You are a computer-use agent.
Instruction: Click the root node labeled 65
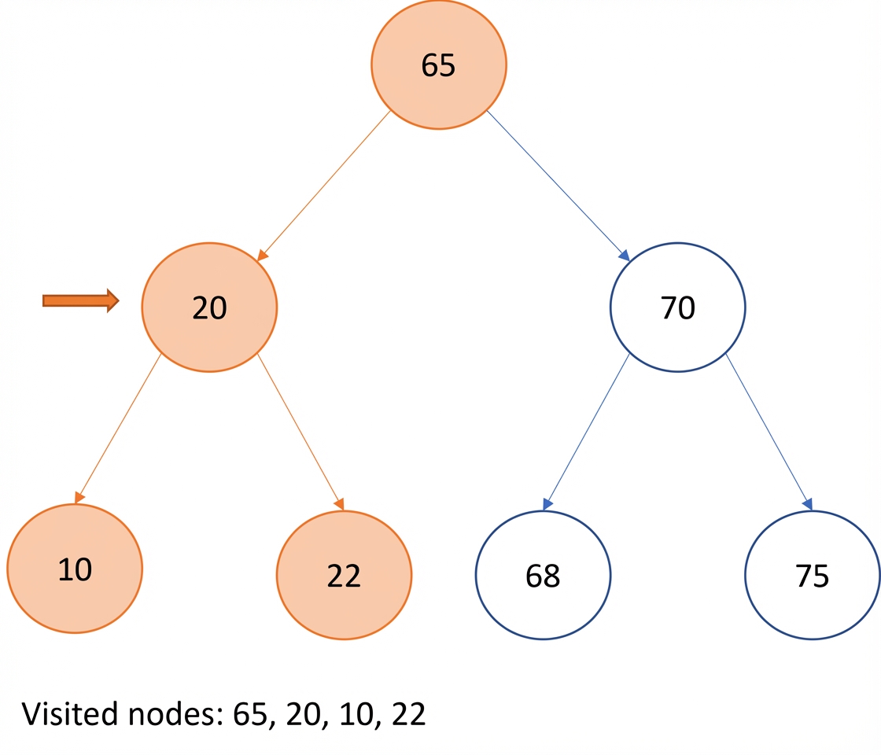pyautogui.click(x=439, y=64)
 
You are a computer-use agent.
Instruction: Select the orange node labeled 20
pyautogui.click(x=209, y=308)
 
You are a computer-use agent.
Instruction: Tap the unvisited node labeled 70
pyautogui.click(x=677, y=308)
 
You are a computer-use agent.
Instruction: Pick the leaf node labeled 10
pyautogui.click(x=75, y=569)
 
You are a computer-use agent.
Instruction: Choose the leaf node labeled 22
pyautogui.click(x=344, y=575)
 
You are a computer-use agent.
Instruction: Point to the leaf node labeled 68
pyautogui.click(x=543, y=575)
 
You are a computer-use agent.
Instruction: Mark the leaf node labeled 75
pyautogui.click(x=813, y=575)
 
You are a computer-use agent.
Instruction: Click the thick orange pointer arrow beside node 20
pyautogui.click(x=81, y=301)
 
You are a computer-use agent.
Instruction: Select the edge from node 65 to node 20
pyautogui.click(x=323, y=186)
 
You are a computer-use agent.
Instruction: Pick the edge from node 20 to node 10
pyautogui.click(x=118, y=429)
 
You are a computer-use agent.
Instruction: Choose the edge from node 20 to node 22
pyautogui.click(x=300, y=432)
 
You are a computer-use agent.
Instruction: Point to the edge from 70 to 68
pyautogui.click(x=587, y=432)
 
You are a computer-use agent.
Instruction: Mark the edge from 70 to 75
pyautogui.click(x=769, y=432)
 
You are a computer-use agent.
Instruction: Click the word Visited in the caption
pyautogui.click(x=71, y=713)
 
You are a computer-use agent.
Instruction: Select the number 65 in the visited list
pyautogui.click(x=251, y=715)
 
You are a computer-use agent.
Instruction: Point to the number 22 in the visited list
pyautogui.click(x=408, y=715)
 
